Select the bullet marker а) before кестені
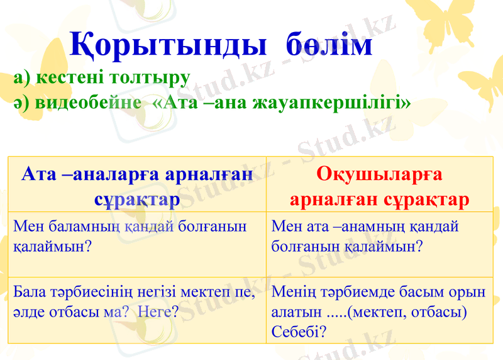[x=21, y=78]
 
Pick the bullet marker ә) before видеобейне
[x=21, y=103]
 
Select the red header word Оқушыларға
[x=379, y=173]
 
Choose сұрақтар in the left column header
[x=136, y=200]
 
